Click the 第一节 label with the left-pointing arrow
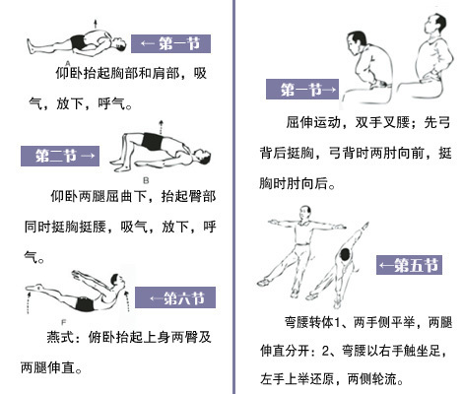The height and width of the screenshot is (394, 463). click(173, 43)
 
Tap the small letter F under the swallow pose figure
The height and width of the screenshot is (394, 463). click(62, 321)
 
